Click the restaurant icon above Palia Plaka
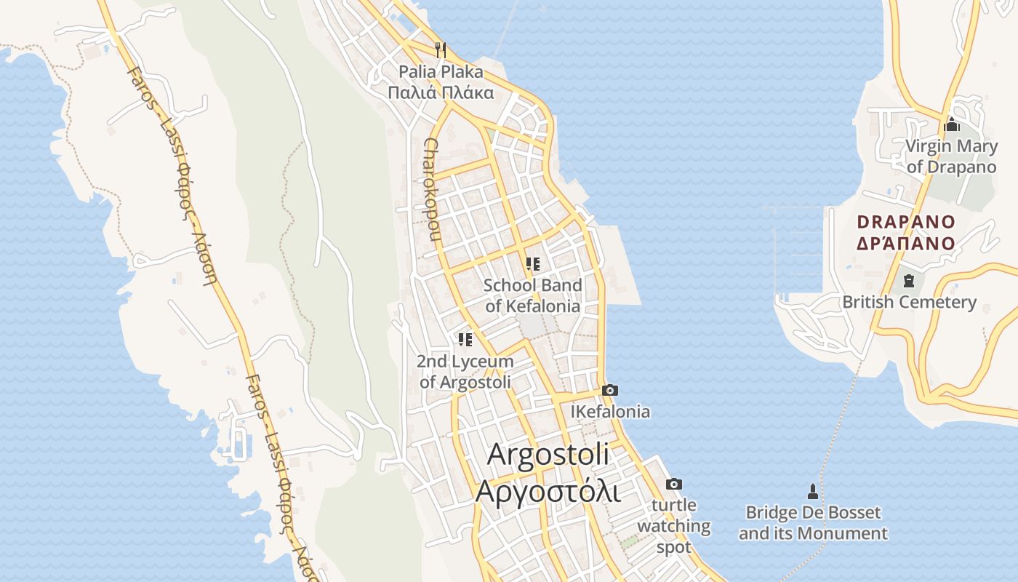440,50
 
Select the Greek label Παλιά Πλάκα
441,92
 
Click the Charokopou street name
432,189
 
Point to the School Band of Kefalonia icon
533,264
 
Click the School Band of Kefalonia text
533,295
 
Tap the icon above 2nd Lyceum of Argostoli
465,340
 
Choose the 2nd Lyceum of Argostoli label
465,371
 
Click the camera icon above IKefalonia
610,391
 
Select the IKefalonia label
610,412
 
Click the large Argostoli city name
548,454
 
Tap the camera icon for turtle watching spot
674,485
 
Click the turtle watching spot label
674,526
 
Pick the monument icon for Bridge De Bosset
813,492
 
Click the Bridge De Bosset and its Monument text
813,523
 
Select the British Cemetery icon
908,280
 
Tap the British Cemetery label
909,302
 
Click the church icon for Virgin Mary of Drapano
951,125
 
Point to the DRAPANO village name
905,222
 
